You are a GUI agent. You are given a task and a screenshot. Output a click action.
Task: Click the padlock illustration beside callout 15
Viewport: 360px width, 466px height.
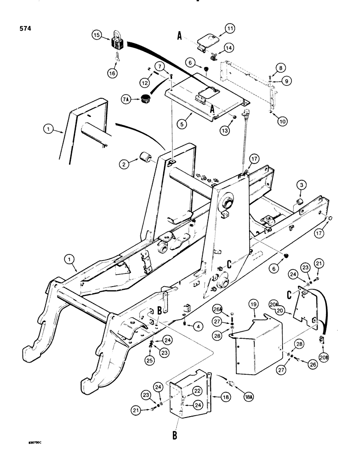[x=117, y=41]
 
